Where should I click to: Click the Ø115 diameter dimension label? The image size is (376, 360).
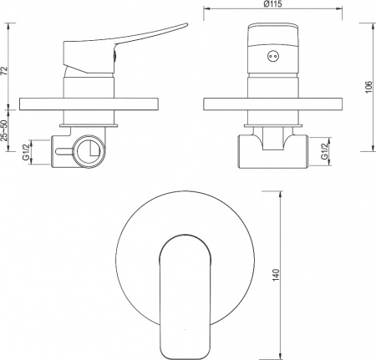272,4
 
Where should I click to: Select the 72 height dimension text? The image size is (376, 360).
4,71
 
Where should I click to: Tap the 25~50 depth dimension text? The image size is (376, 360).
4,130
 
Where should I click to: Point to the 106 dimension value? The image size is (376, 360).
368,87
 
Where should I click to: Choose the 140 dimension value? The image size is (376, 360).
276,275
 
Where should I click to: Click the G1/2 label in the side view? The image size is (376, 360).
26,152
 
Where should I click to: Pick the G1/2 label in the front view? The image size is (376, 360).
324,152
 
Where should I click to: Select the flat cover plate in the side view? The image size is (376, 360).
89,104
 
